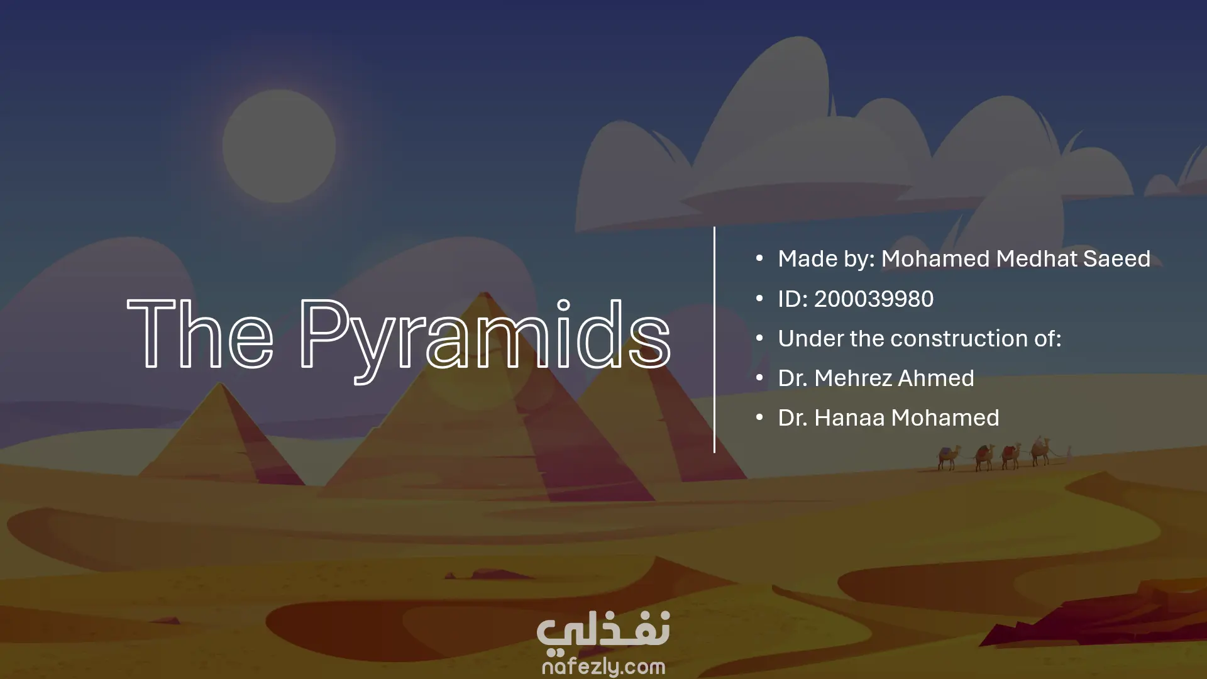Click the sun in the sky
pyautogui.click(x=279, y=146)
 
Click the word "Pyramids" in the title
pyautogui.click(x=485, y=340)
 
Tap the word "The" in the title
pyautogui.click(x=201, y=333)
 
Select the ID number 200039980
pyautogui.click(x=874, y=299)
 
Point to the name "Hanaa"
pyautogui.click(x=849, y=417)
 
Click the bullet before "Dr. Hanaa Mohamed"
pyautogui.click(x=759, y=417)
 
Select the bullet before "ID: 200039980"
pyautogui.click(x=759, y=298)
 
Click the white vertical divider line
pyautogui.click(x=714, y=339)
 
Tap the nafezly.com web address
pyautogui.click(x=603, y=666)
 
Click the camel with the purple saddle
pyautogui.click(x=947, y=457)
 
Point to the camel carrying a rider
pyautogui.click(x=1040, y=451)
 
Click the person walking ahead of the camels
pyautogui.click(x=1069, y=451)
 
